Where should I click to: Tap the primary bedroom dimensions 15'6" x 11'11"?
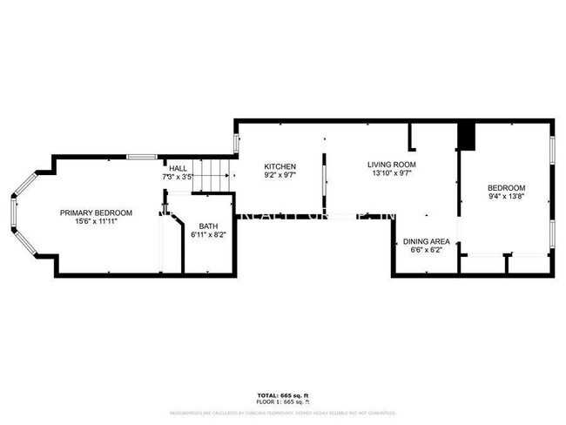tap(96, 222)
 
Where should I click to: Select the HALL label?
tap(178, 168)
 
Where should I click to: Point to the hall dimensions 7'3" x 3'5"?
tap(178, 177)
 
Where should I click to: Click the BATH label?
tap(208, 226)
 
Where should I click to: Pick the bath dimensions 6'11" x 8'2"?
tap(208, 235)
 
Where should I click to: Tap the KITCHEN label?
tap(280, 166)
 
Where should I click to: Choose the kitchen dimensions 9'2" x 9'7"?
tap(280, 175)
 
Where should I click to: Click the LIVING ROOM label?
tap(391, 165)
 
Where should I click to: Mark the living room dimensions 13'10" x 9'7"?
tap(391, 173)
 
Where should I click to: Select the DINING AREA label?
tap(427, 241)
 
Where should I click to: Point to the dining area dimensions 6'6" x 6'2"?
tap(427, 250)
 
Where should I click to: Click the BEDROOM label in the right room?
tap(506, 188)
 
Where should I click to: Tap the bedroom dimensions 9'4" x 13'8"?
tap(506, 197)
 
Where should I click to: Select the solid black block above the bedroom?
tap(468, 136)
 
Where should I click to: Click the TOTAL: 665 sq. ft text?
tap(283, 395)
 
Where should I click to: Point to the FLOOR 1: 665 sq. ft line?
tap(283, 401)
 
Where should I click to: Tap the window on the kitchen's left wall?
tap(235, 144)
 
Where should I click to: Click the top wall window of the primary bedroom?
tap(141, 157)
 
